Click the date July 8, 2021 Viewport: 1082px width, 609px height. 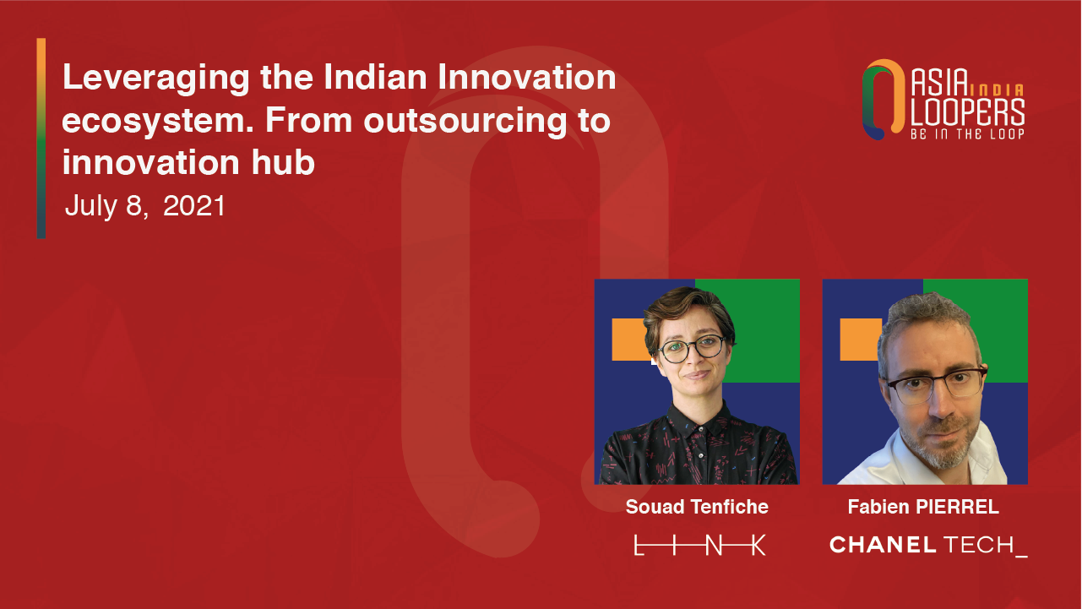coord(145,206)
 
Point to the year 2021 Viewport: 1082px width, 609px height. coord(194,206)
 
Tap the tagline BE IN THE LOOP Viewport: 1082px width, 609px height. coord(967,133)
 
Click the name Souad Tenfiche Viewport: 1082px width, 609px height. coord(697,507)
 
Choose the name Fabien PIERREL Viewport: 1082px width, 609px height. coord(923,507)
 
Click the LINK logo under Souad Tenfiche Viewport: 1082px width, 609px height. coord(699,546)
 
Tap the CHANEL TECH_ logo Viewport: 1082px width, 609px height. coord(928,546)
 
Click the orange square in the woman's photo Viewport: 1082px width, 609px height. coord(628,340)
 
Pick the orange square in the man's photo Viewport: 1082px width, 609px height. coord(860,340)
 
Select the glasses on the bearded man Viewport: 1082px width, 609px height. coord(937,384)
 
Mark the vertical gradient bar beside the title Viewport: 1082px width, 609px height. coord(41,139)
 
